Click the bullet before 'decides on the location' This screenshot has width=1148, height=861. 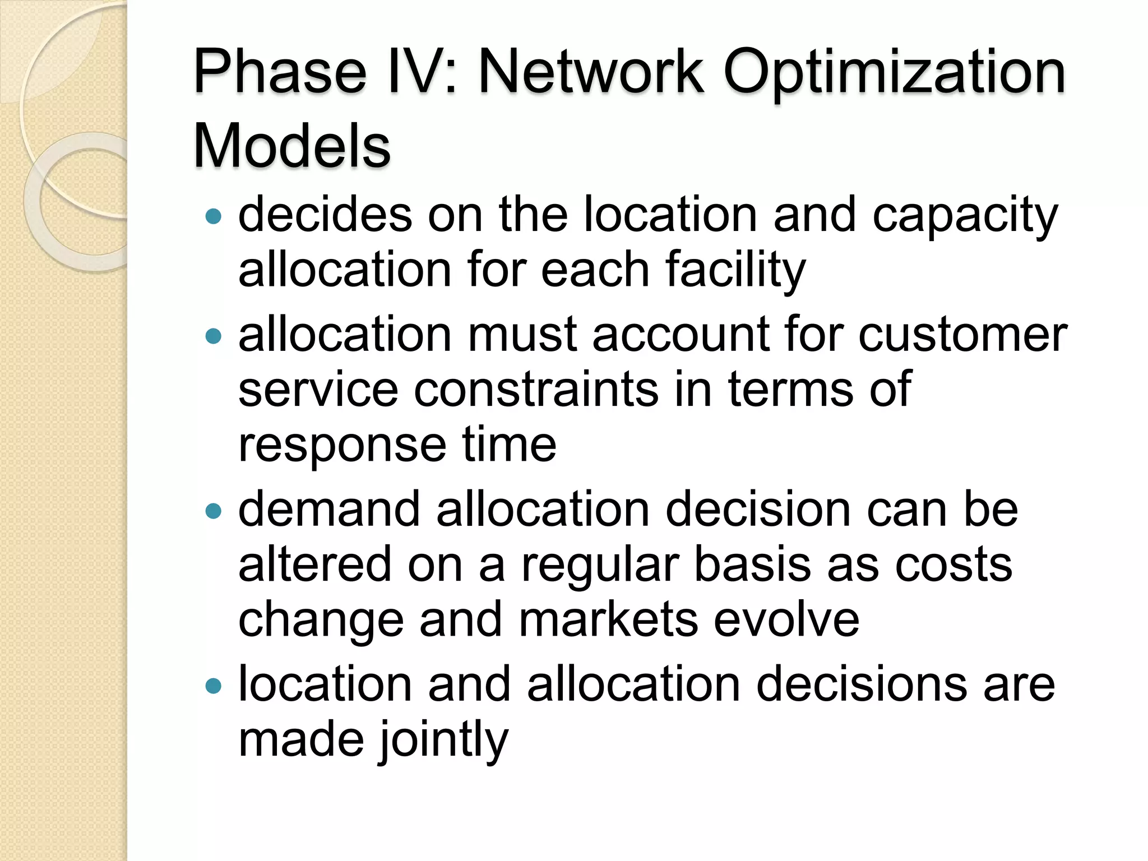[214, 216]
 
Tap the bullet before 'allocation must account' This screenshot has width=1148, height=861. [214, 336]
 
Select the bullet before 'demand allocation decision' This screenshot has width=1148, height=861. [214, 511]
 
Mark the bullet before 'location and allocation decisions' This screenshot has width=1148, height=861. [214, 686]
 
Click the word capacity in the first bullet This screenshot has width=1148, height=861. [965, 216]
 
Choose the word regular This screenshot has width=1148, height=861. [600, 566]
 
